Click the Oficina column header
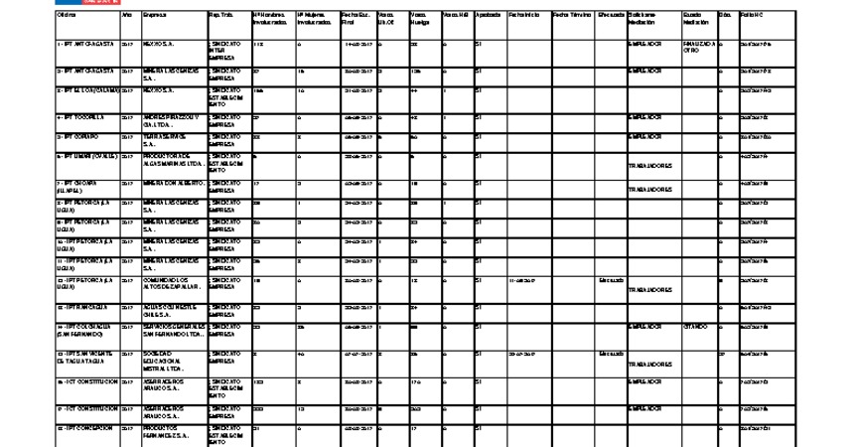pyautogui.click(x=66, y=15)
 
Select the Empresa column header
pyautogui.click(x=154, y=15)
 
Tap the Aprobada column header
pyautogui.click(x=488, y=15)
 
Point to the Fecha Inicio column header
pyautogui.click(x=523, y=15)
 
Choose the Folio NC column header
pyautogui.click(x=753, y=15)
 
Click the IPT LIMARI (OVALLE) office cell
pyautogui.click(x=87, y=156)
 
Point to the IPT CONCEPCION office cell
pyautogui.click(x=87, y=428)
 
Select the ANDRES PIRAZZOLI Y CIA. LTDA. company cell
pyautogui.click(x=172, y=121)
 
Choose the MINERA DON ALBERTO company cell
pyautogui.click(x=173, y=184)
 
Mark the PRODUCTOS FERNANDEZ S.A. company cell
pyautogui.click(x=170, y=432)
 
